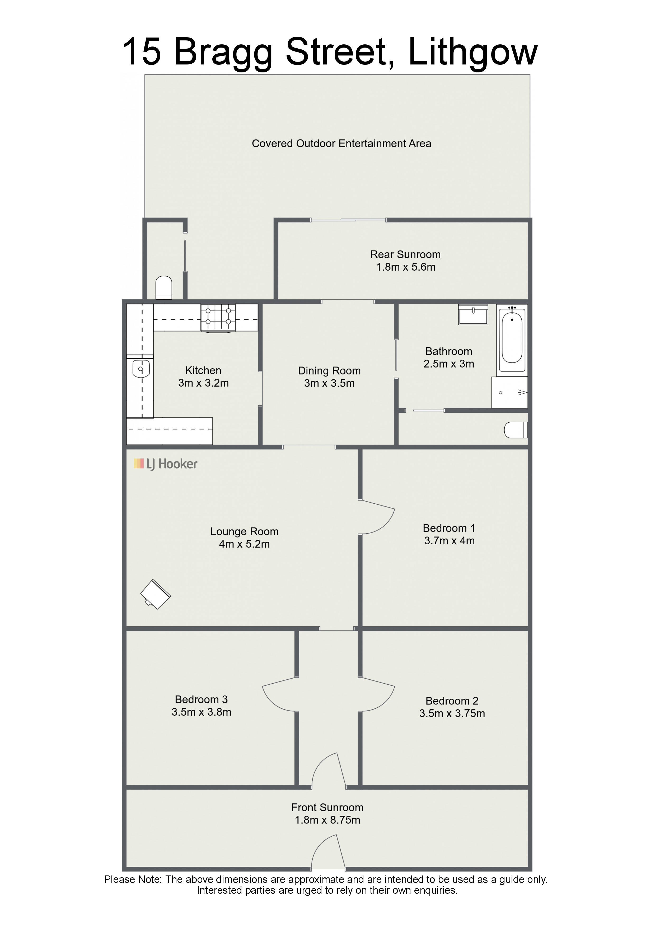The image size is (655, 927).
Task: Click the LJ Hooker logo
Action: coord(165,464)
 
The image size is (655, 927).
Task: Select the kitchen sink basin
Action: coord(141,369)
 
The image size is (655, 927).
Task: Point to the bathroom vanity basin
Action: coord(473,314)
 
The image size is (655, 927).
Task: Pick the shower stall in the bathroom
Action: coord(509,392)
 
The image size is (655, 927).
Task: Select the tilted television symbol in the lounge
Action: coord(155,594)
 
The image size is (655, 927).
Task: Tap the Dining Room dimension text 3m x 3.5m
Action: coord(329,383)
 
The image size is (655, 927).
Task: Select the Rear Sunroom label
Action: coord(406,254)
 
